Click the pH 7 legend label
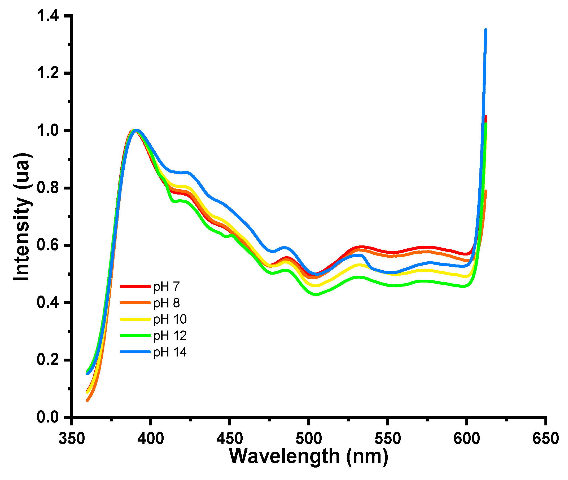pos(166,287)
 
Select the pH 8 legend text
pos(166,303)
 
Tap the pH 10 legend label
pos(170,319)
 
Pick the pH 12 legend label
pos(170,336)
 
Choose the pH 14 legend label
pos(170,352)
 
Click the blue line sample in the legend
pos(135,352)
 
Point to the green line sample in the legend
pos(135,336)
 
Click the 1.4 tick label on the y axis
pos(48,16)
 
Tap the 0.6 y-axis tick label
pos(48,245)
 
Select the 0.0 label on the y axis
pos(48,417)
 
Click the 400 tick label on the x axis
pos(151,439)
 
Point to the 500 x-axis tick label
pos(308,439)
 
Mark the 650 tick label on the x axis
pos(545,439)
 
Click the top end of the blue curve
pos(486,30)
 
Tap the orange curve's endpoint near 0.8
pos(486,191)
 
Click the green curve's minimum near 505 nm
pos(316,294)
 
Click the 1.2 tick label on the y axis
pos(48,73)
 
